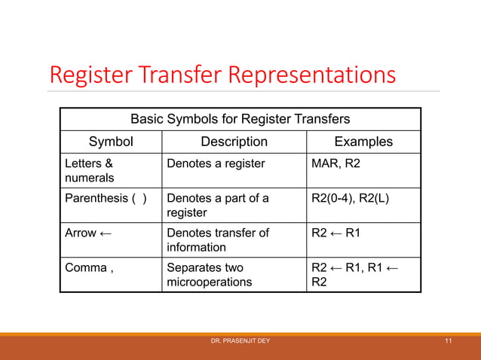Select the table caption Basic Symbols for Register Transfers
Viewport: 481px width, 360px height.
tap(240, 119)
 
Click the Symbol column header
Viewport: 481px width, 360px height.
tap(111, 142)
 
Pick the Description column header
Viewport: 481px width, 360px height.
tap(234, 142)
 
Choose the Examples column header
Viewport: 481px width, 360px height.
tap(363, 142)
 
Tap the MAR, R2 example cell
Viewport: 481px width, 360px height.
tap(336, 163)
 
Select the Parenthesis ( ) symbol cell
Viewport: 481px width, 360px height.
tap(106, 199)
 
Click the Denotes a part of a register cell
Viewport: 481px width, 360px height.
tap(217, 206)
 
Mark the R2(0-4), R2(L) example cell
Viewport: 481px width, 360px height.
tap(351, 199)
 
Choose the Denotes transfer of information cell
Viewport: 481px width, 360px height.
tap(217, 240)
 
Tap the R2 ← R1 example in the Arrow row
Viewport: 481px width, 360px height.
tap(336, 233)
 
